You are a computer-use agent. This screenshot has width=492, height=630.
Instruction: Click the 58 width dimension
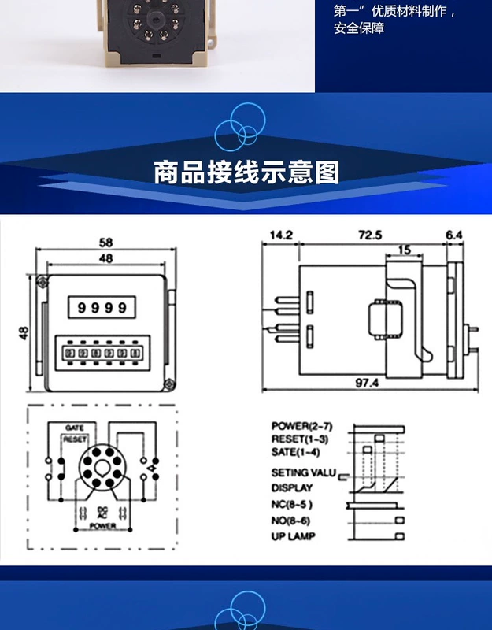[x=105, y=243]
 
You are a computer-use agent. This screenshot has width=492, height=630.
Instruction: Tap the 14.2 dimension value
[x=281, y=235]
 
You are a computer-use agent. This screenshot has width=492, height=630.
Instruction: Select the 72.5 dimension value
[x=370, y=235]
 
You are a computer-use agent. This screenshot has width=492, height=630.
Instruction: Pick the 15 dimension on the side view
[x=403, y=250]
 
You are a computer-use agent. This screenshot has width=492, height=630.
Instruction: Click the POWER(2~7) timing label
[x=301, y=426]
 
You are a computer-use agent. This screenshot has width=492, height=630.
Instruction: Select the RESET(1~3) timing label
[x=300, y=439]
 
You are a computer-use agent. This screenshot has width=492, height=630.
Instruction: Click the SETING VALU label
[x=303, y=473]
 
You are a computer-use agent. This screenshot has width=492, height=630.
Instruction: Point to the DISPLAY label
[x=292, y=488]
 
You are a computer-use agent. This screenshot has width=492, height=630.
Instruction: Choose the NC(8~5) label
[x=292, y=504]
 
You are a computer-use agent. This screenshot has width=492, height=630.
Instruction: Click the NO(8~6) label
[x=292, y=521]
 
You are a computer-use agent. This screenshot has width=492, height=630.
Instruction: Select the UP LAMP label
[x=294, y=537]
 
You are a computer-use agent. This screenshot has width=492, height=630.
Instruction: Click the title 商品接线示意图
[x=246, y=172]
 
